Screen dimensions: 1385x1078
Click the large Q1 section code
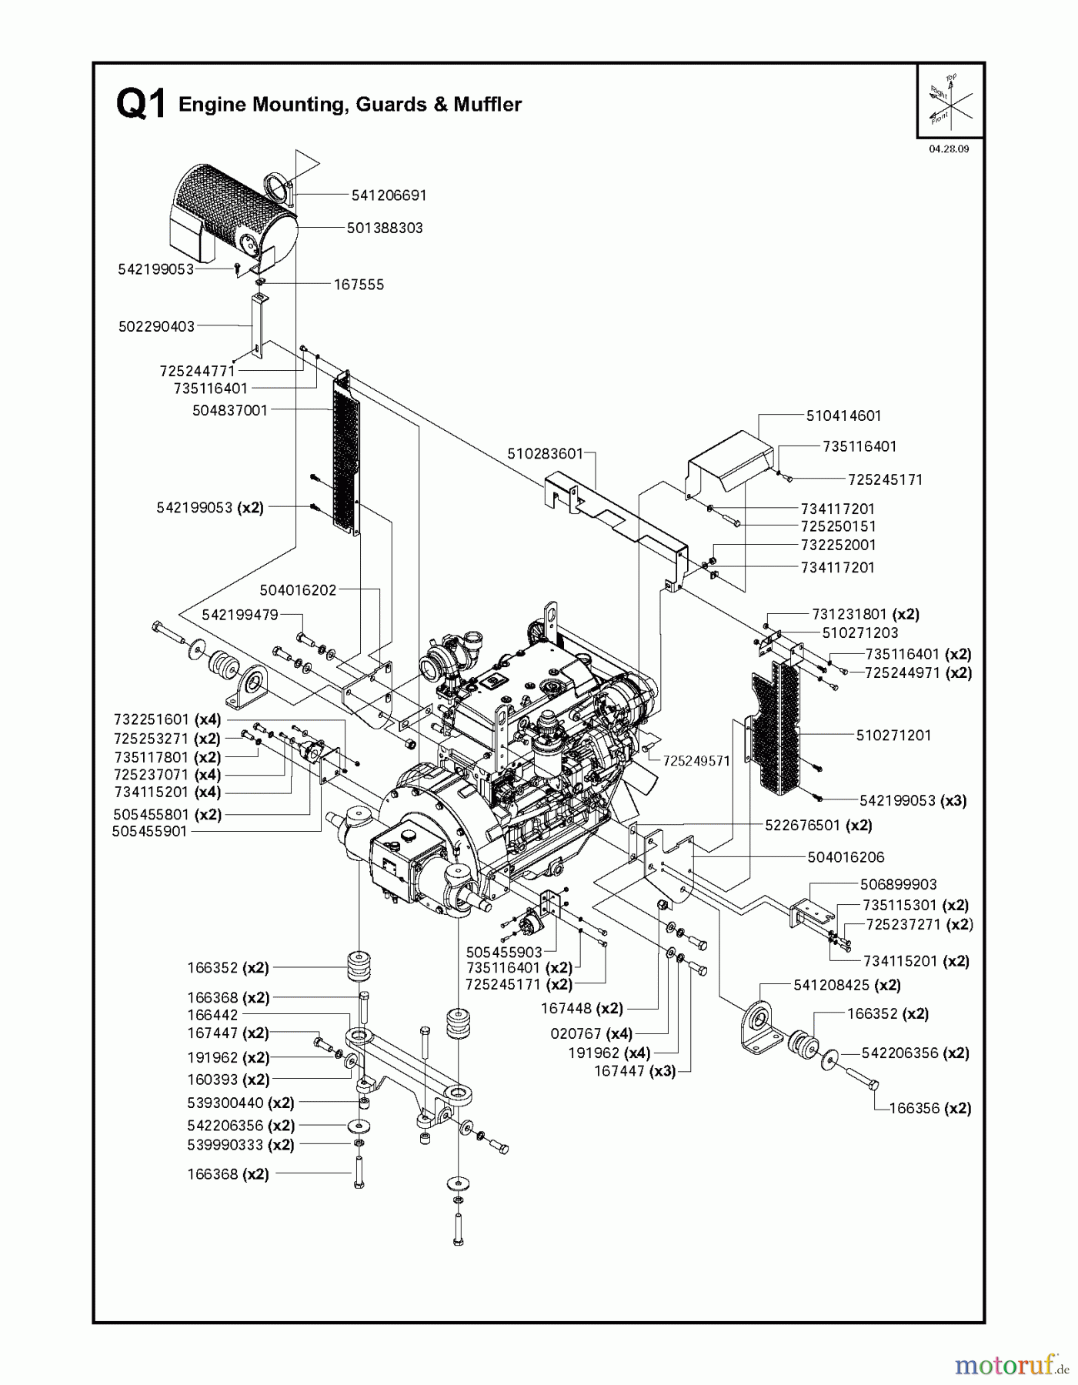pos(141,104)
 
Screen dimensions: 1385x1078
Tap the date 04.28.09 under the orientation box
pos(948,149)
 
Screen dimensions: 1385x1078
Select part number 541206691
pos(389,195)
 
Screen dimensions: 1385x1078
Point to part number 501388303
pos(384,229)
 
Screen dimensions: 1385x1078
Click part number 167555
pos(359,285)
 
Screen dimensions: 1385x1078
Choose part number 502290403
pos(156,326)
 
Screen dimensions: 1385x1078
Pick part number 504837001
pos(230,411)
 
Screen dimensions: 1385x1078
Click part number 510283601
pos(545,454)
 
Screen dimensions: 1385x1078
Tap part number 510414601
pos(843,415)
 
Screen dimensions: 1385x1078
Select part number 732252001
pos(837,545)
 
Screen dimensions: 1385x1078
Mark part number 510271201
pos(893,736)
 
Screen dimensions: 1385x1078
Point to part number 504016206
pos(846,857)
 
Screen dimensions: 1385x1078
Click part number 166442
pos(212,1016)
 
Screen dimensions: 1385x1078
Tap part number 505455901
pos(149,832)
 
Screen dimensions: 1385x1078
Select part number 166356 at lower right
pos(919,1109)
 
